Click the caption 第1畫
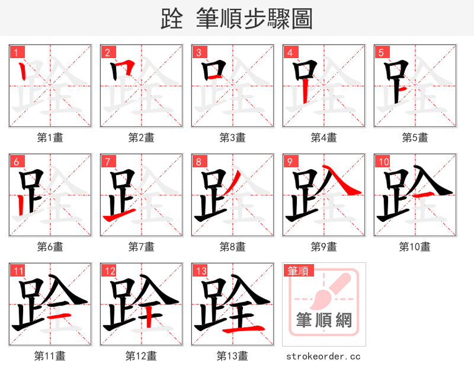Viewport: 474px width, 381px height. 50,138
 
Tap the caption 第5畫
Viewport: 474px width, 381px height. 415,138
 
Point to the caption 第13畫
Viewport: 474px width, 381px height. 232,356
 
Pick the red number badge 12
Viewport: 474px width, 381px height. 109,271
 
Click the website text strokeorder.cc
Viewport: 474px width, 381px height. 324,357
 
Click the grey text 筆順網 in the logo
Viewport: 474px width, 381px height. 324,320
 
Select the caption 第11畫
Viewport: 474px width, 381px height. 50,356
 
